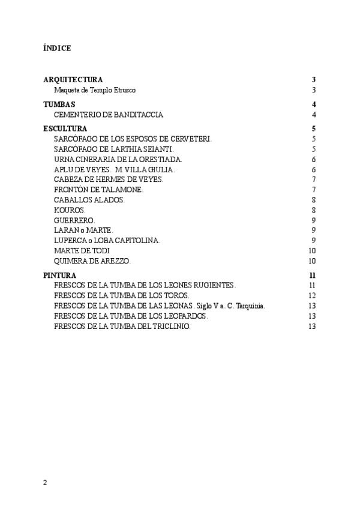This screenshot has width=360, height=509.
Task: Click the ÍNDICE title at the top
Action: click(57, 48)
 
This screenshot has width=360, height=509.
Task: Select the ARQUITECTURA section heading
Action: click(73, 80)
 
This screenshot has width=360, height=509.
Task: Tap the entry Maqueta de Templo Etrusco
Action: click(95, 90)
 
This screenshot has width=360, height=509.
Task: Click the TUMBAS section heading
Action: click(59, 104)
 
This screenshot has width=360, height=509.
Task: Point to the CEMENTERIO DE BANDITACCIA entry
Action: click(108, 115)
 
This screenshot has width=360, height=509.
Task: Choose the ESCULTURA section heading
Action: click(65, 128)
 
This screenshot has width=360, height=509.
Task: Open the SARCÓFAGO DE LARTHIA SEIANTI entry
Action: click(113, 149)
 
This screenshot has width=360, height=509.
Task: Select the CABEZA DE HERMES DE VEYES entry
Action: click(108, 179)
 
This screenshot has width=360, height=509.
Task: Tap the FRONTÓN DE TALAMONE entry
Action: click(98, 190)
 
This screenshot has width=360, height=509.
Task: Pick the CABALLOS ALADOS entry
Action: click(89, 200)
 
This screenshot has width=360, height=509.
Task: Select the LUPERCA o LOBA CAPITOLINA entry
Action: click(107, 241)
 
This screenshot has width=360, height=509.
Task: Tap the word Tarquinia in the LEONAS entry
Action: click(250, 306)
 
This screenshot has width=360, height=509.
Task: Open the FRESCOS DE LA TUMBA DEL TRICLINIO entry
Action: click(122, 326)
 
